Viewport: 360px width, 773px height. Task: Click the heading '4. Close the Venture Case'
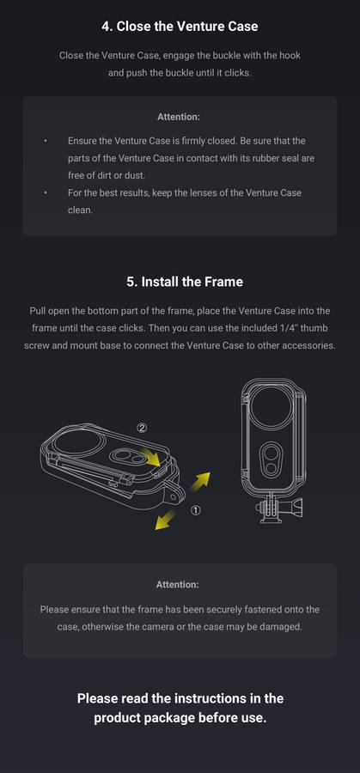180,26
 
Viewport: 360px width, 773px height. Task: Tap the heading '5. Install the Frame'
185,282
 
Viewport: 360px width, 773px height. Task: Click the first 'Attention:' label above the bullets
179,117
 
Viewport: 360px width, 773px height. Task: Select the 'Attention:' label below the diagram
178,585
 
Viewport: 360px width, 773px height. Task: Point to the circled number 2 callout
142,428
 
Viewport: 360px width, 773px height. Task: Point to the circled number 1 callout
196,511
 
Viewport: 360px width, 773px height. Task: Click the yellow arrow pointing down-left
165,520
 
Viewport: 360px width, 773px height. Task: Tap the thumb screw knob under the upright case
297,506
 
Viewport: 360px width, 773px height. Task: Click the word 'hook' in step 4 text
290,55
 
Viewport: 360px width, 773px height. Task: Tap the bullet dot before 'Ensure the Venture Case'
46,141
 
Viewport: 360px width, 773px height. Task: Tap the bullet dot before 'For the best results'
46,192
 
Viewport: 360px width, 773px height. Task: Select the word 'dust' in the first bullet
134,175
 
